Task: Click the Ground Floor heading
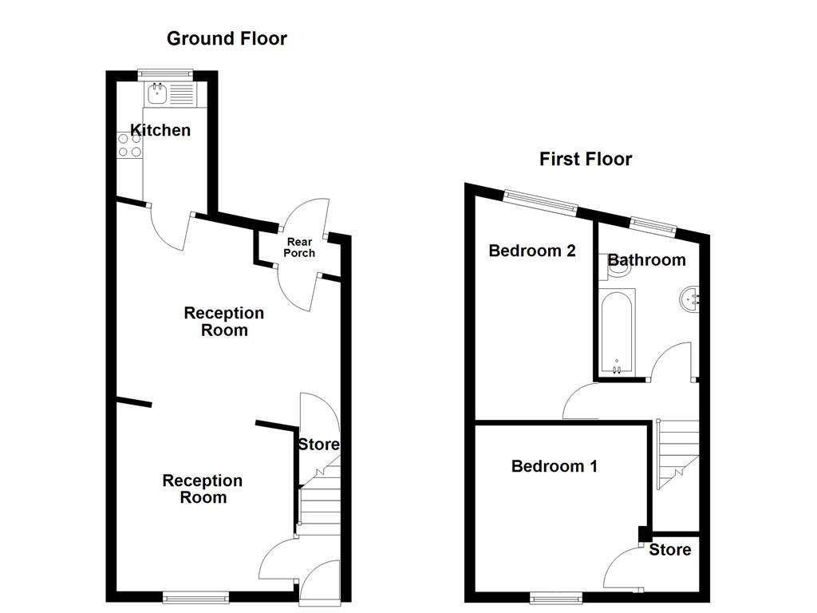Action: tap(227, 38)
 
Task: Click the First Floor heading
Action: tap(585, 159)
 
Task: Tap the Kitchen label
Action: tap(160, 130)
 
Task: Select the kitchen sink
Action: tap(157, 95)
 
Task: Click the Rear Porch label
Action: tap(301, 247)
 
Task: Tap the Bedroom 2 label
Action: tap(532, 251)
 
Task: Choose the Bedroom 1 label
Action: tap(554, 466)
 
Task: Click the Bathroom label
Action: tap(646, 259)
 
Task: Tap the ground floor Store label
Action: tap(318, 445)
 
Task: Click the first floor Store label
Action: tap(669, 549)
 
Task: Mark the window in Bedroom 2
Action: tap(541, 202)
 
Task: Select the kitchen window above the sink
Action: tap(165, 74)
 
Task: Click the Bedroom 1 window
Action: tap(557, 596)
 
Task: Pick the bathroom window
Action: tap(653, 224)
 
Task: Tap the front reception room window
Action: tap(196, 595)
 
